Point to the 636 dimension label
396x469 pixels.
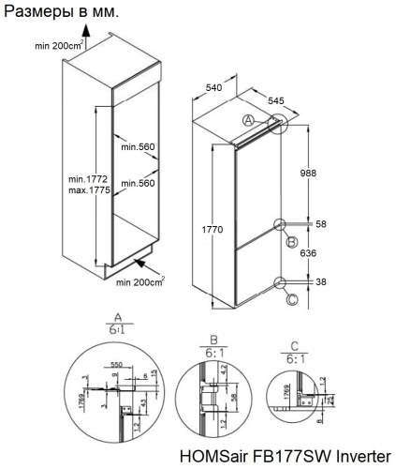click(x=321, y=253)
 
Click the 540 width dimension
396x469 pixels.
click(x=214, y=87)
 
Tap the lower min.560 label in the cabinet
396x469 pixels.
click(x=136, y=183)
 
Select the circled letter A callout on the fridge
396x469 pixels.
click(x=247, y=120)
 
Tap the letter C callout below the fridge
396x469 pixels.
click(x=291, y=299)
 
